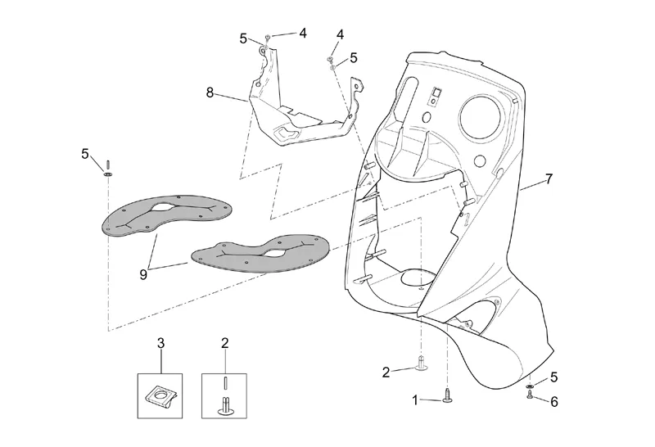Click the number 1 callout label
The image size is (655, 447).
click(415, 400)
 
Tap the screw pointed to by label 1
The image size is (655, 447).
click(447, 397)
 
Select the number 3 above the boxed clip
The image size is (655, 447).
click(161, 344)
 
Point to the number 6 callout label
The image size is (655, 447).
click(554, 401)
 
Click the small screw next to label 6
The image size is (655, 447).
click(531, 395)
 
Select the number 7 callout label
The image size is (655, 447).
click(549, 178)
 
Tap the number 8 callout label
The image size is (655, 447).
click(210, 93)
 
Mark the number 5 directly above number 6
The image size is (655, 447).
click(554, 377)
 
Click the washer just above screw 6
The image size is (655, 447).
click(531, 384)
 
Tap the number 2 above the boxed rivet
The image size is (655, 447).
click(225, 344)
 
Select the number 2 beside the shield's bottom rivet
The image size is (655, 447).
click(386, 372)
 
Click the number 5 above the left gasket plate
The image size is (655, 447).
click(85, 153)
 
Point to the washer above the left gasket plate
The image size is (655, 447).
click(107, 172)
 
